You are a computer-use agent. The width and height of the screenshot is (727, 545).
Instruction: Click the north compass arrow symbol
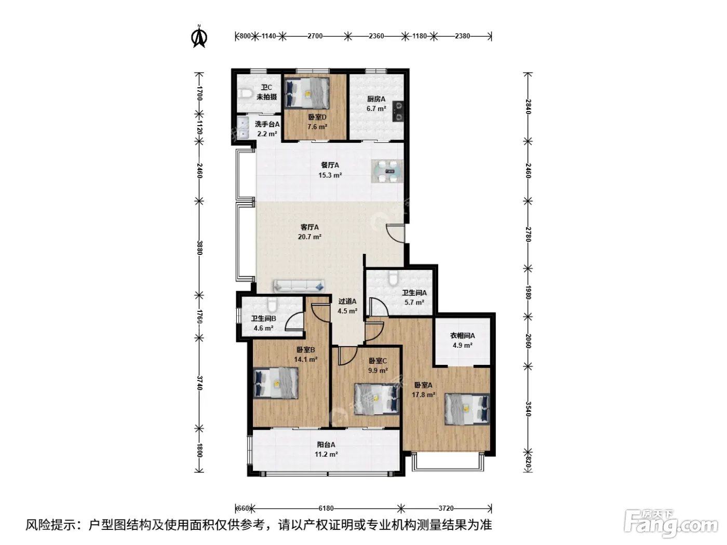pyautogui.click(x=199, y=37)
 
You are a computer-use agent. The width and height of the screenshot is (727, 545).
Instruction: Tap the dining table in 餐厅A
pyautogui.click(x=387, y=171)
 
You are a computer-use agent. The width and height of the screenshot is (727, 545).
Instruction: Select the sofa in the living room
pyautogui.click(x=299, y=286)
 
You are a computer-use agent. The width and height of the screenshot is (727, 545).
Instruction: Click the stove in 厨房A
pyautogui.click(x=398, y=111)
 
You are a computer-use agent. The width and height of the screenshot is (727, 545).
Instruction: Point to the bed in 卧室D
pyautogui.click(x=307, y=93)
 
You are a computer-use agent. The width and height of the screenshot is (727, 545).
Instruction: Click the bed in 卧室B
pyautogui.click(x=276, y=383)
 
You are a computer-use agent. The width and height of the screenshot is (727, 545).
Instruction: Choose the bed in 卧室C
pyautogui.click(x=376, y=399)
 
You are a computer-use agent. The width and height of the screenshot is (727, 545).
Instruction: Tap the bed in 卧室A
pyautogui.click(x=467, y=408)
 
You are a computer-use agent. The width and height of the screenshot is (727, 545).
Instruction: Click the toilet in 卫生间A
pyautogui.click(x=393, y=278)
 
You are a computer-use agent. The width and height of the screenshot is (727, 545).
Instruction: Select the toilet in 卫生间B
pyautogui.click(x=272, y=305)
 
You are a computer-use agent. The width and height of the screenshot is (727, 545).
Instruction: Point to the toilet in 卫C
pyautogui.click(x=245, y=93)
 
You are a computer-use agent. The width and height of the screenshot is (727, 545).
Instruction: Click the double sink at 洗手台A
pyautogui.click(x=243, y=127)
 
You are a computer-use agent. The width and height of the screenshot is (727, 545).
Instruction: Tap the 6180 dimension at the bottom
pyautogui.click(x=326, y=508)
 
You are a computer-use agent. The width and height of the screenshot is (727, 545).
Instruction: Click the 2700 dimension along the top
pyautogui.click(x=315, y=36)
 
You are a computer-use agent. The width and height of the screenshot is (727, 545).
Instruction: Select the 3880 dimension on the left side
pyautogui.click(x=199, y=248)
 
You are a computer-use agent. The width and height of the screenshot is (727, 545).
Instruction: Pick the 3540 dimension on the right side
pyautogui.click(x=528, y=409)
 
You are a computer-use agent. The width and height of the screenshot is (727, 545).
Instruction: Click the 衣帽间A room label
pyautogui.click(x=462, y=335)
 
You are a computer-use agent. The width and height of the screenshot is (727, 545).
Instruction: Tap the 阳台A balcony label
pyautogui.click(x=326, y=445)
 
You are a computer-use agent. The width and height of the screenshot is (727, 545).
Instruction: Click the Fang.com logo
pyautogui.click(x=671, y=524)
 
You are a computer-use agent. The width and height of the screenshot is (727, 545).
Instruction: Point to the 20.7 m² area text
pyautogui.click(x=309, y=237)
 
